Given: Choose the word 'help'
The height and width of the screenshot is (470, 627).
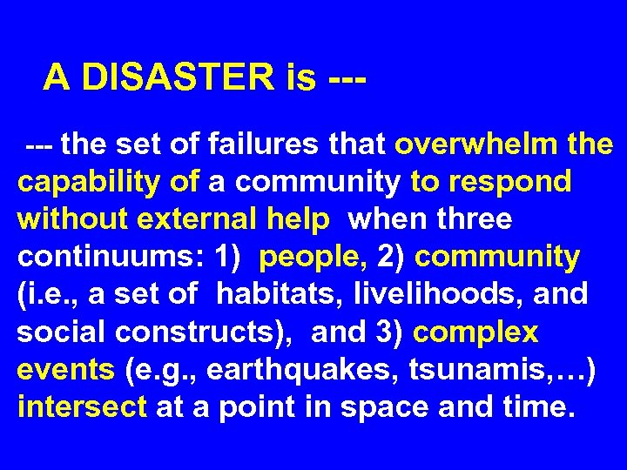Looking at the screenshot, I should point(298,219).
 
